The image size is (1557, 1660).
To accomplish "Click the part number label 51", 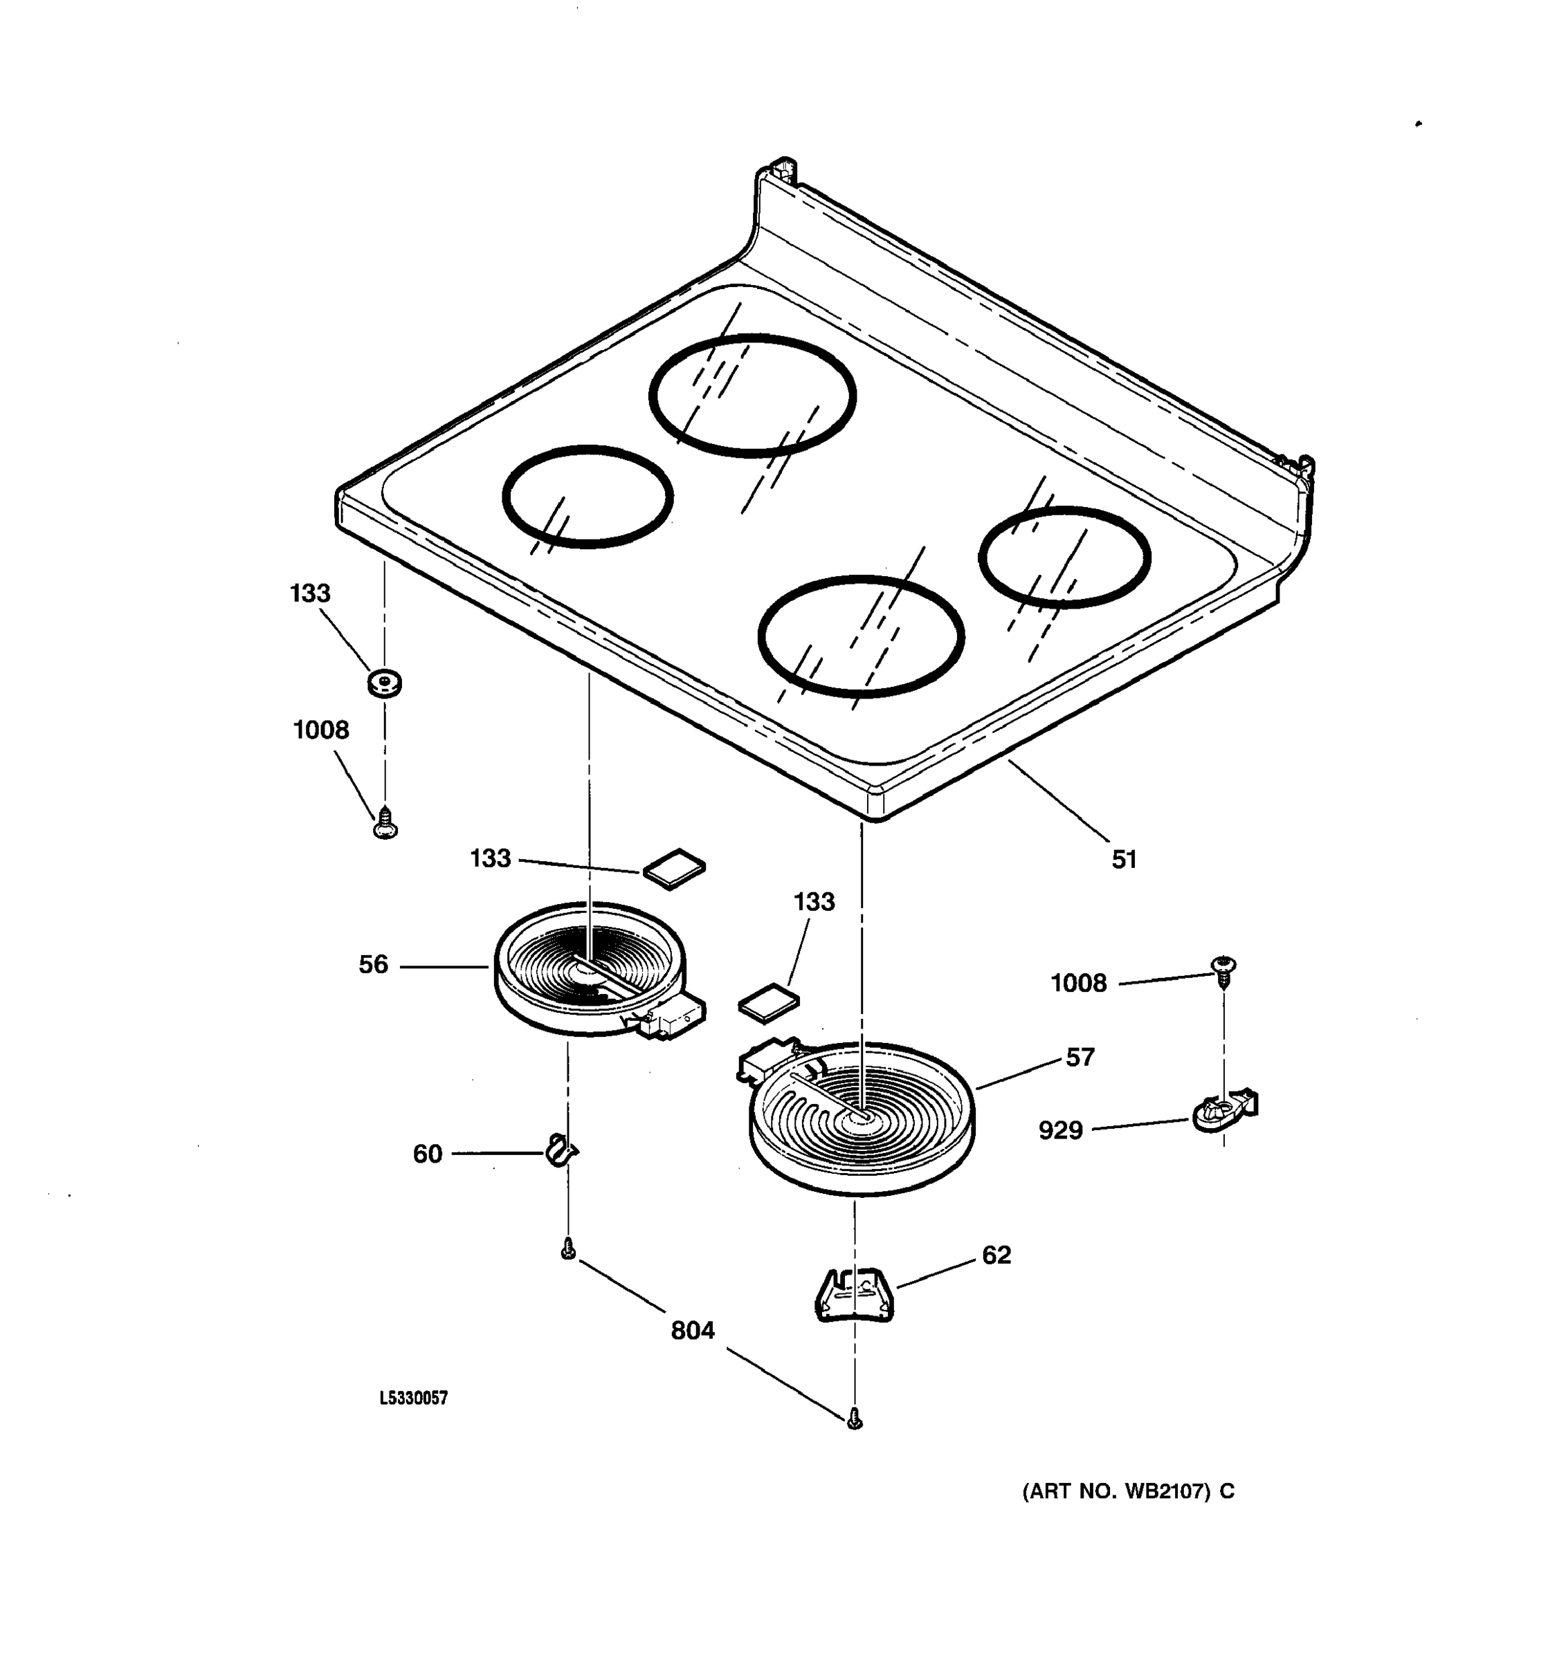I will [x=1124, y=859].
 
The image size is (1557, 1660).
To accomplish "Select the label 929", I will [x=1060, y=1131].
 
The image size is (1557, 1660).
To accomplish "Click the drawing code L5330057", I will [x=414, y=1398].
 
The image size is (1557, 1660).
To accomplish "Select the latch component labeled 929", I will [x=1223, y=1111].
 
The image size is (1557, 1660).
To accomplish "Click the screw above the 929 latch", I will [x=1223, y=971].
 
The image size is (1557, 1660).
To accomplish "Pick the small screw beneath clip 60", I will [x=568, y=1249].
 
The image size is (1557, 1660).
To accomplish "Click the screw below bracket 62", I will [x=854, y=1418].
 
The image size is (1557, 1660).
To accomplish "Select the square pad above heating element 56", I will [x=673, y=869].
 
